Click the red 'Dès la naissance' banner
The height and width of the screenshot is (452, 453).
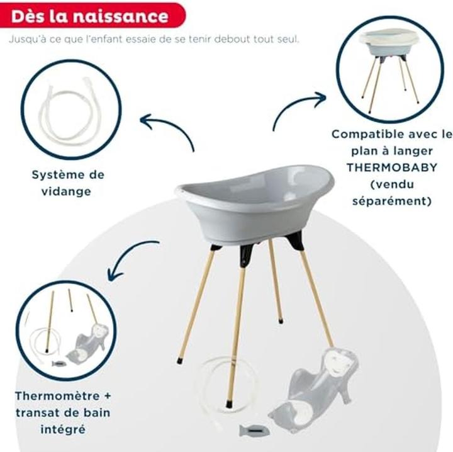point(92,16)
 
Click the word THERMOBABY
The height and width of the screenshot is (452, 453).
point(392,167)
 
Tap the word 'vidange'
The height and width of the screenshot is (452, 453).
point(66,191)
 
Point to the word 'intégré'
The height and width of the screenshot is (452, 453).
point(63,429)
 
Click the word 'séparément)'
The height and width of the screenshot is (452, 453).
point(392,201)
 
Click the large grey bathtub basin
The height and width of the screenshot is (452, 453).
point(254,202)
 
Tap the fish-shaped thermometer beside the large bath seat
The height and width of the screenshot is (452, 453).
point(254,431)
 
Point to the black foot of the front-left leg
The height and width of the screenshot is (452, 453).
point(181,360)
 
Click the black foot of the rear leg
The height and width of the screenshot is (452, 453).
point(280,320)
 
